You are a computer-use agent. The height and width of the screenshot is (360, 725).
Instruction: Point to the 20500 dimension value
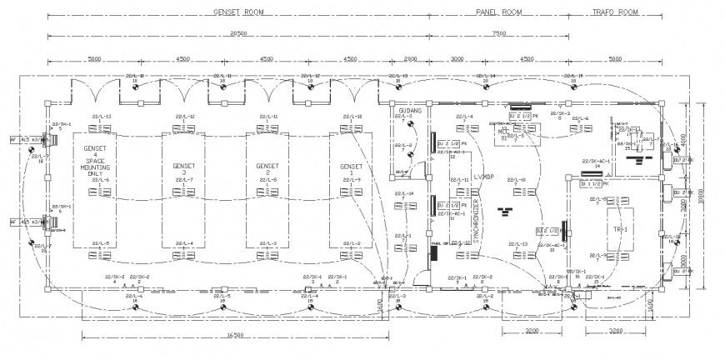237,33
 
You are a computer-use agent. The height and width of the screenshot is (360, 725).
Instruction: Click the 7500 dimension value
498,33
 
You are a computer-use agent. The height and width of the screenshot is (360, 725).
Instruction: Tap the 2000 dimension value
410,59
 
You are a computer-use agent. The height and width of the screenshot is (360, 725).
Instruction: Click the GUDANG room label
410,110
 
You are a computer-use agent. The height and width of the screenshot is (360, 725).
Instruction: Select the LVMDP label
483,177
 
